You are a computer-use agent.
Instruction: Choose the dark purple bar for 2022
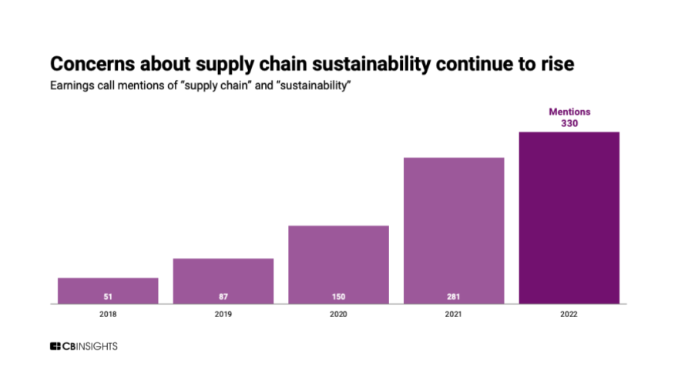[569, 218]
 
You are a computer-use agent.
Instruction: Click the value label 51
[108, 296]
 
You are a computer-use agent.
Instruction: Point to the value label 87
[223, 296]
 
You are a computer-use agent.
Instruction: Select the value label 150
[338, 296]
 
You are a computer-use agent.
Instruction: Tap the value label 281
[454, 296]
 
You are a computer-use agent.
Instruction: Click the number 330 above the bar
[569, 123]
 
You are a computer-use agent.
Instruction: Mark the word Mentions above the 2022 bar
[569, 112]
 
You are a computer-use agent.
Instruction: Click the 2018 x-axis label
[108, 314]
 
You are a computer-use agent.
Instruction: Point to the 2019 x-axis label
[223, 314]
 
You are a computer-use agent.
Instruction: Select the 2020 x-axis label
[338, 314]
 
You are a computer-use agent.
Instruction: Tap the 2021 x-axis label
[454, 314]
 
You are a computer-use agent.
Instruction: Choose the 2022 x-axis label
[569, 314]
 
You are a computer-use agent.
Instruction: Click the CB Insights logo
[84, 347]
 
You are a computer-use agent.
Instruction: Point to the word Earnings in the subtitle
[71, 84]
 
